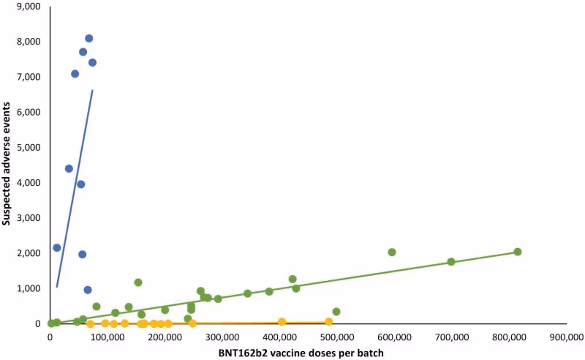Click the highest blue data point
[x=88, y=38]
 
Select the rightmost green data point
[x=517, y=252]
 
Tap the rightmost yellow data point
[x=328, y=322]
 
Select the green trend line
[x=292, y=289]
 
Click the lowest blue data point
[x=88, y=290]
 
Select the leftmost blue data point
[x=57, y=247]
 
